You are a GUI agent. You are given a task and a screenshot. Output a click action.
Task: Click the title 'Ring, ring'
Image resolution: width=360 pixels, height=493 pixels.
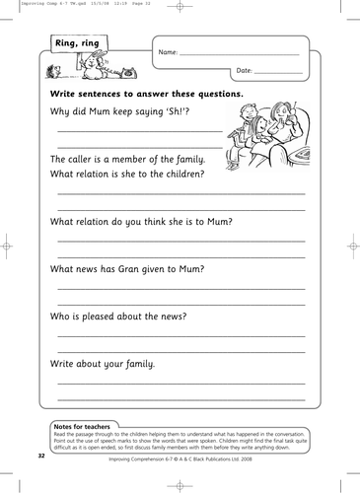click(78, 40)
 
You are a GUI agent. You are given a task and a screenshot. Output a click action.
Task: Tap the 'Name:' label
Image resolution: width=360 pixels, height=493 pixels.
click(169, 52)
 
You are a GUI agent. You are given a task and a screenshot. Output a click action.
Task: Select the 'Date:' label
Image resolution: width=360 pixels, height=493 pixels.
click(246, 70)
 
